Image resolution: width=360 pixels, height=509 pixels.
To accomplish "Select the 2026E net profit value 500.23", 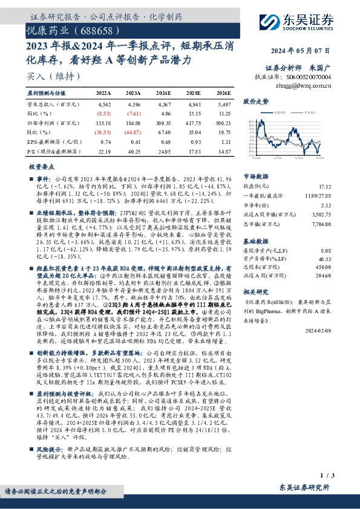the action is [222, 123].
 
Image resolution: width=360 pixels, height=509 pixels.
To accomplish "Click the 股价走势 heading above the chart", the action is [255, 103].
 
